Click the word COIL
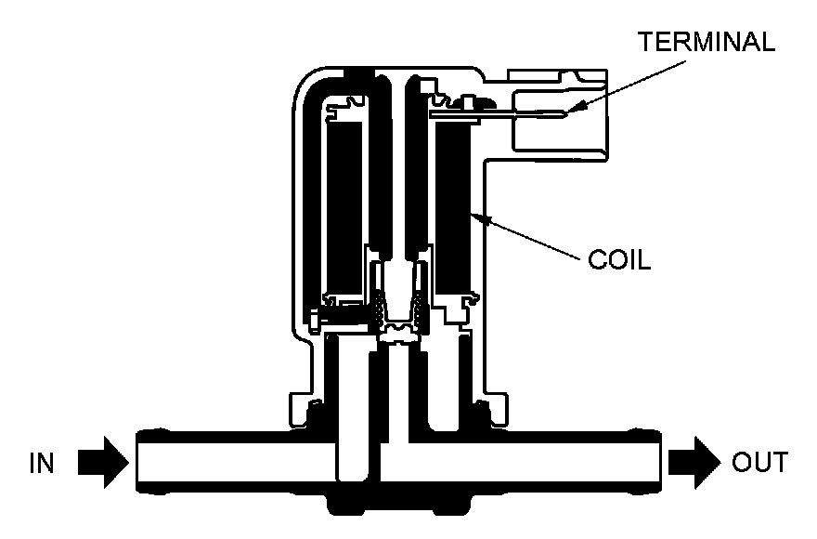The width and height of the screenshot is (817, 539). [619, 257]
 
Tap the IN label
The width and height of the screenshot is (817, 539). [45, 462]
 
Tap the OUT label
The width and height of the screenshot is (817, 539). [759, 462]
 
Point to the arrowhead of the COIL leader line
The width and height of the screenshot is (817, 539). [476, 217]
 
